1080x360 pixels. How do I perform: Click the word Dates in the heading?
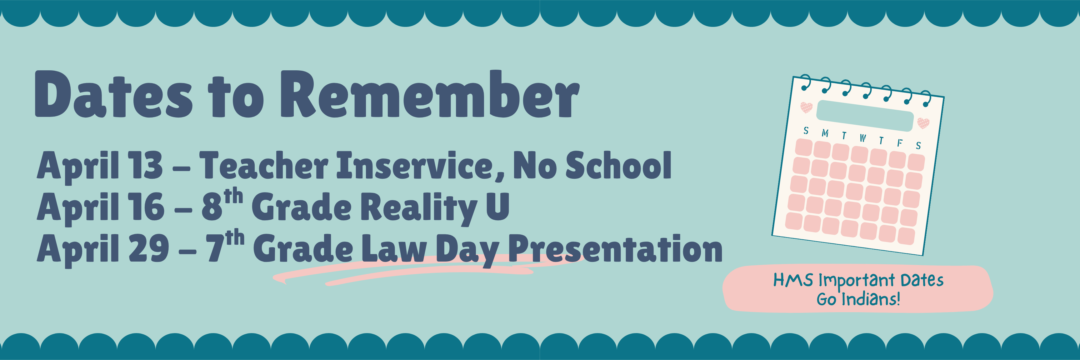pyautogui.click(x=113, y=94)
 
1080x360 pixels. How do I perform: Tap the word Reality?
pyautogui.click(x=419, y=208)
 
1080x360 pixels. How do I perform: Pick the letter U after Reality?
pyautogui.click(x=497, y=206)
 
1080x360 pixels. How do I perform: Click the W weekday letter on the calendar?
pyautogui.click(x=862, y=138)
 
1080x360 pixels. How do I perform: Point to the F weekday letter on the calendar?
pyautogui.click(x=899, y=143)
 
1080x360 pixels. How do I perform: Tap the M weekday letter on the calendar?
pyautogui.click(x=825, y=133)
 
